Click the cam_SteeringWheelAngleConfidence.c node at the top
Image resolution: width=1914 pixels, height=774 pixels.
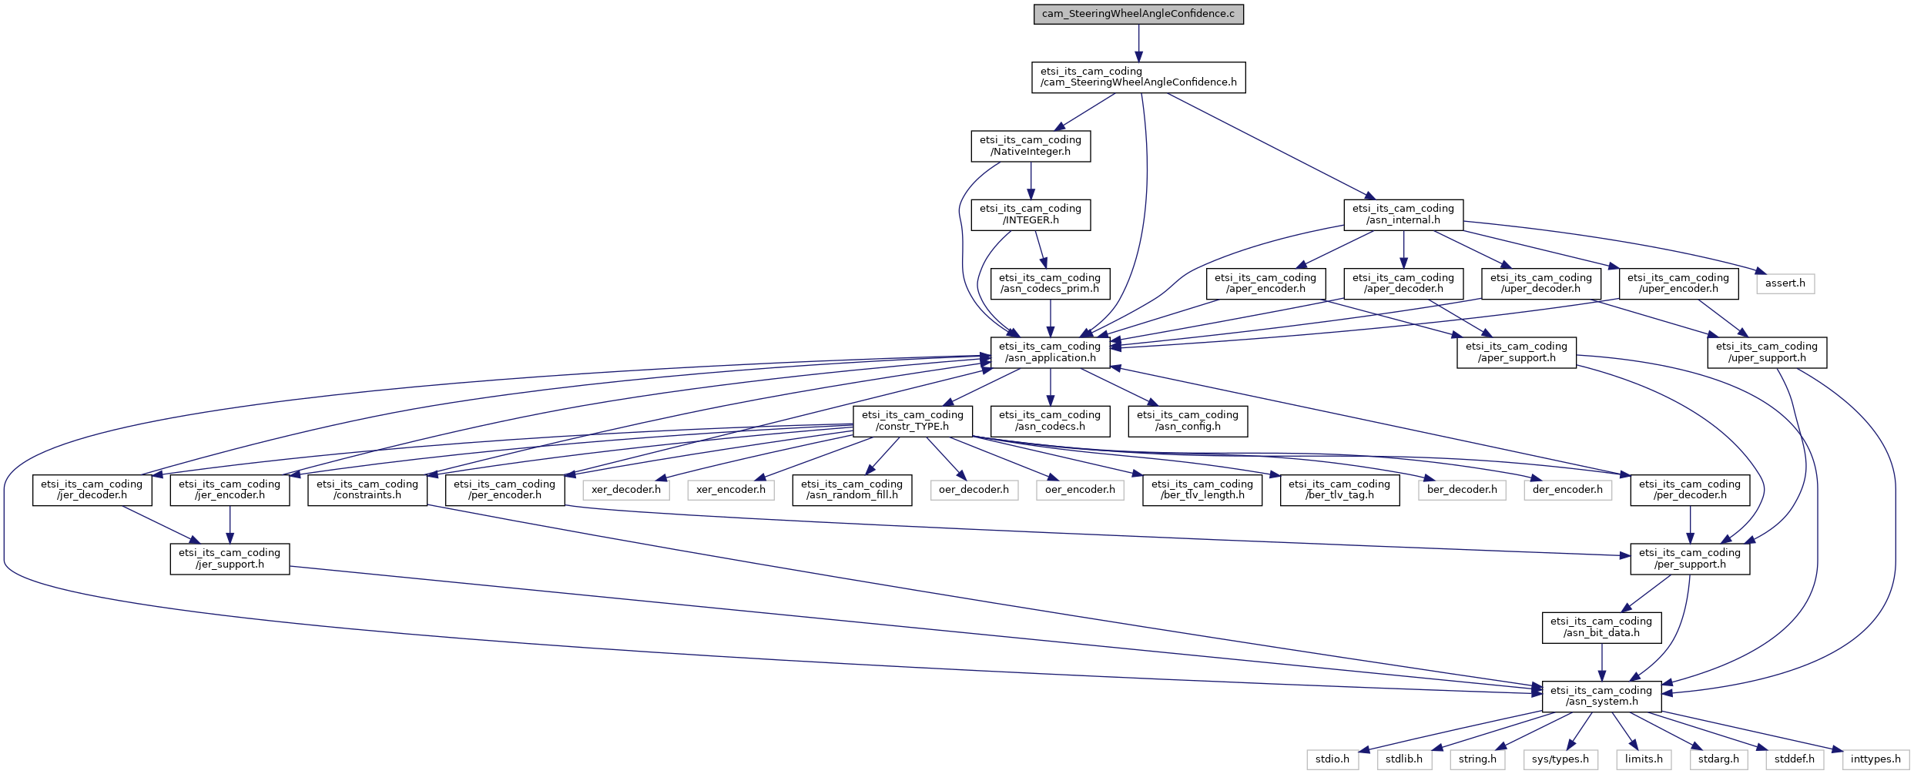click(x=1138, y=14)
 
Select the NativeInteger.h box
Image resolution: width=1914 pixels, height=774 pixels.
click(x=1031, y=146)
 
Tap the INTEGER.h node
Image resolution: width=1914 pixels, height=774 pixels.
click(x=1031, y=214)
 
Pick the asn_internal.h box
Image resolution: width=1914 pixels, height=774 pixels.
click(x=1403, y=214)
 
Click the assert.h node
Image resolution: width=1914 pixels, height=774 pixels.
click(x=1785, y=283)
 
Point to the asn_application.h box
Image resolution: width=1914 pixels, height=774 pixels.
click(x=1050, y=352)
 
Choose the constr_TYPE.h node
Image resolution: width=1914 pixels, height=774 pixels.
click(x=913, y=421)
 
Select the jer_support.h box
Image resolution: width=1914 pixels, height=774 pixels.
click(x=230, y=558)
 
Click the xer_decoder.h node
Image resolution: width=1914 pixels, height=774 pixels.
click(x=625, y=490)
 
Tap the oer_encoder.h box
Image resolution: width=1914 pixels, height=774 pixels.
click(x=1080, y=490)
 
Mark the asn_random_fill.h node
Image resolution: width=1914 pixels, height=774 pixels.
click(x=852, y=490)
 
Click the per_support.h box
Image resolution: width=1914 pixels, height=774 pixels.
click(x=1690, y=558)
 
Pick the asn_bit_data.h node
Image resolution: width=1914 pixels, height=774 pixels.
click(x=1601, y=627)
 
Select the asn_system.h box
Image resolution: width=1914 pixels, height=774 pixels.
click(x=1601, y=696)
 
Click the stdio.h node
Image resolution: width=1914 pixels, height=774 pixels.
click(x=1332, y=759)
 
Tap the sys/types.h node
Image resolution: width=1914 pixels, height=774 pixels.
click(x=1560, y=759)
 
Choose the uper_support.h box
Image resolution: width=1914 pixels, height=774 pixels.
click(x=1766, y=352)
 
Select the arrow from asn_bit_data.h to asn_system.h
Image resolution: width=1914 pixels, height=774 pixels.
click(x=1602, y=662)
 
